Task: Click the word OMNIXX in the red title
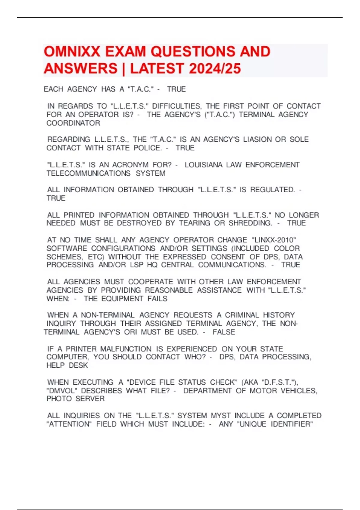(x=72, y=52)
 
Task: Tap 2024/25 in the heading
(x=215, y=68)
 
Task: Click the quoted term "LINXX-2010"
(x=274, y=240)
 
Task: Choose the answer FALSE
(x=224, y=332)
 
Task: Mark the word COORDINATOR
(x=73, y=123)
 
